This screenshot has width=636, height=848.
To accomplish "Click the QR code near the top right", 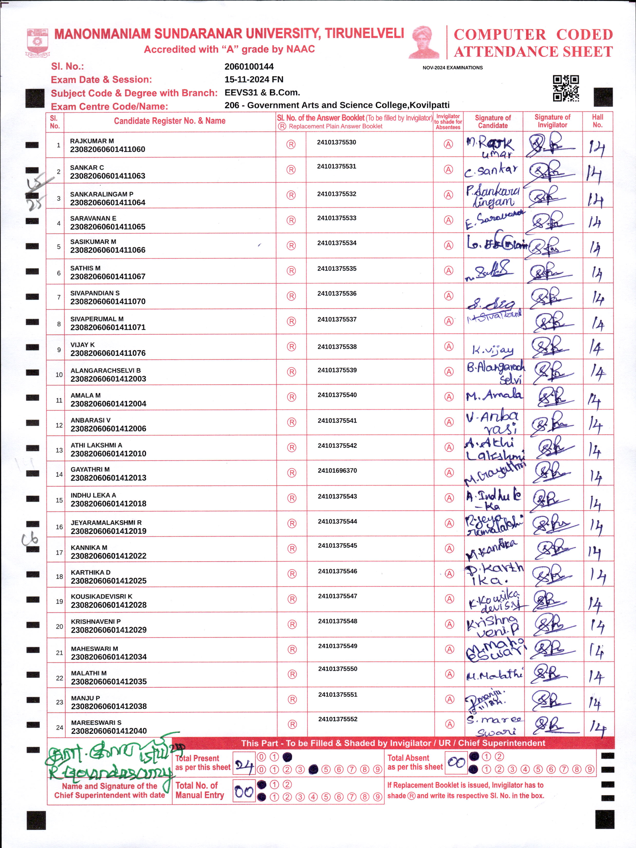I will click(x=565, y=88).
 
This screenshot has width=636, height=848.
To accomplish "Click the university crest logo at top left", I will click(x=37, y=43).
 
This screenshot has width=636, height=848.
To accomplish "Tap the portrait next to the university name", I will click(x=424, y=42).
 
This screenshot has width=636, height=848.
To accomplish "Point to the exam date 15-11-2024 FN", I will click(x=254, y=79).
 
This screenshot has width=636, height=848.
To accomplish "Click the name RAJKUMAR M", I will click(x=92, y=141).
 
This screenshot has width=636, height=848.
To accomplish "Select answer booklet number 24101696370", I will click(x=337, y=470).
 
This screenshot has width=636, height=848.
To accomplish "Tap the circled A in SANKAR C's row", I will click(x=448, y=169).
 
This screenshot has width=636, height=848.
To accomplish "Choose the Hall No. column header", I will click(x=597, y=121).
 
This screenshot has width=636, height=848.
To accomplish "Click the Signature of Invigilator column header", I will click(x=552, y=121).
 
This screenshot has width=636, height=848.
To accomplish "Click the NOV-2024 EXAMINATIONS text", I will click(x=452, y=68).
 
